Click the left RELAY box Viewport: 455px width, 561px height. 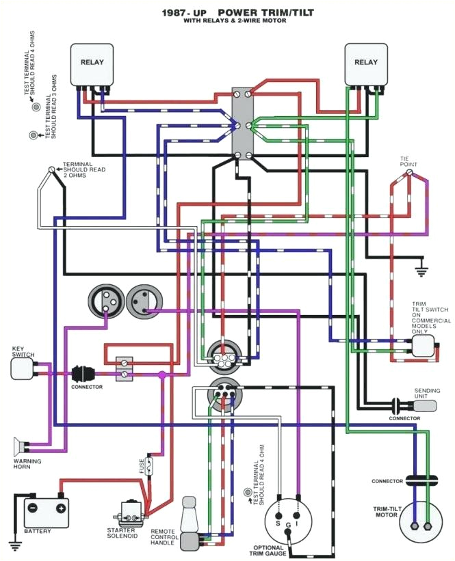click(x=92, y=66)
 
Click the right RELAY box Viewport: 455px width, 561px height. click(x=365, y=66)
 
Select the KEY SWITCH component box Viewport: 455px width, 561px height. click(x=22, y=369)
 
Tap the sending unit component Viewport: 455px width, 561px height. click(x=425, y=405)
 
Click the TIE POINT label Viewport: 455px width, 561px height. click(x=408, y=161)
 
